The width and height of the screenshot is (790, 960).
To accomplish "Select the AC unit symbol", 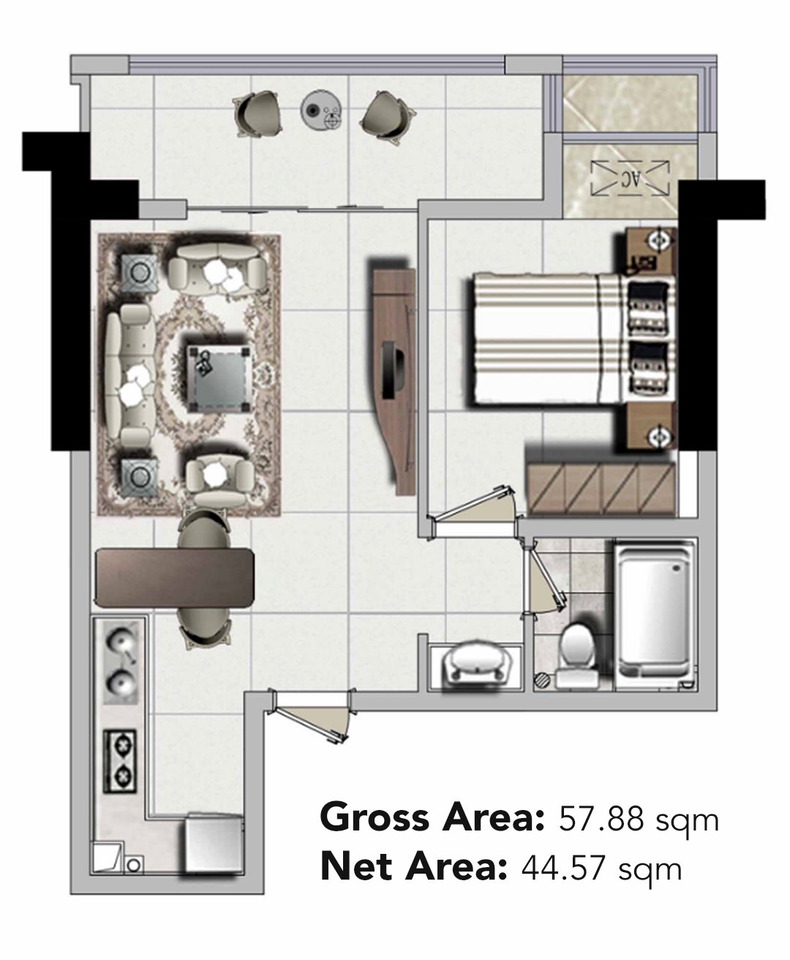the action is point(630,178).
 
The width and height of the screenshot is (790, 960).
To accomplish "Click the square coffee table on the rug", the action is point(220,378).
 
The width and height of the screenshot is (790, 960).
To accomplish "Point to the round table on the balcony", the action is point(321,110).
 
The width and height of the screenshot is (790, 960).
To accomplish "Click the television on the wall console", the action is point(392,370).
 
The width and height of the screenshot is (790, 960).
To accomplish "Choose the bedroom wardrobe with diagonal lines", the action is point(601,489).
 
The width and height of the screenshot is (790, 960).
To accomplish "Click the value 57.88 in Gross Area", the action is point(601,819).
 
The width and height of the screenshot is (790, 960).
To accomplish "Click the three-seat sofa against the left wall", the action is point(131,376).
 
